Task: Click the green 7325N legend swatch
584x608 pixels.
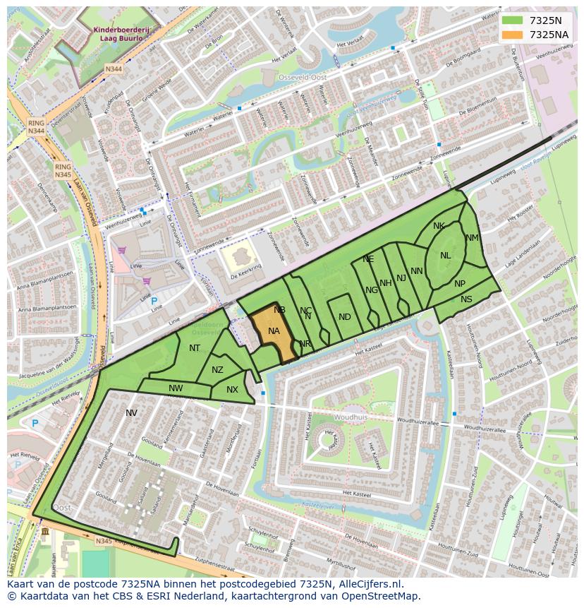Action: (512, 20)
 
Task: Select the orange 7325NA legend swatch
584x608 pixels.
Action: (512, 35)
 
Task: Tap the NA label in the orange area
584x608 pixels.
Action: (274, 331)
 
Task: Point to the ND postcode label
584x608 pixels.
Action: (344, 317)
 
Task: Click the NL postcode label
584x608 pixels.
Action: (445, 256)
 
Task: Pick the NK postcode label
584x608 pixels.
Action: (439, 226)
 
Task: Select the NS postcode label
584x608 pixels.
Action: (466, 299)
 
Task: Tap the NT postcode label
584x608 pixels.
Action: (195, 347)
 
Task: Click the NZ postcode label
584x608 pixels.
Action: (217, 370)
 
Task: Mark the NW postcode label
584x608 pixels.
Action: (176, 388)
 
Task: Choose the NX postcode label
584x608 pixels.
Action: (232, 390)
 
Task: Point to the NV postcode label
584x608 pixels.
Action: (131, 413)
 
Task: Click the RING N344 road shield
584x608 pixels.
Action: (36, 127)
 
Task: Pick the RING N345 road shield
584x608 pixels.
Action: (63, 170)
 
